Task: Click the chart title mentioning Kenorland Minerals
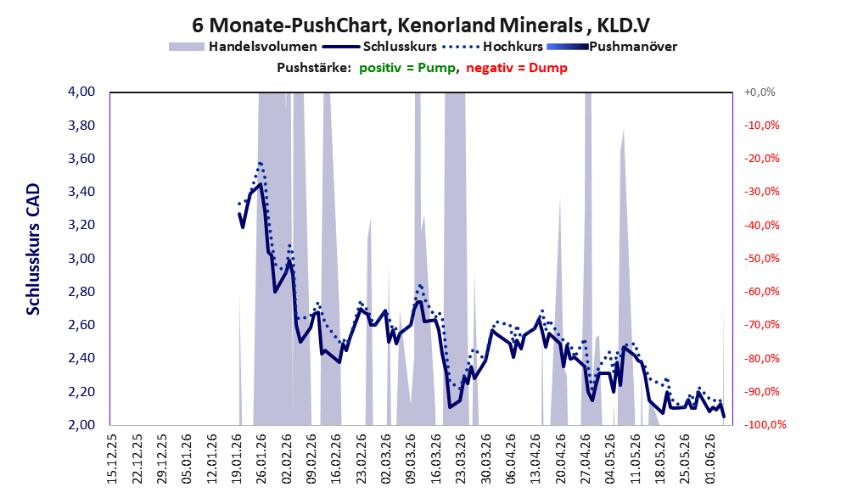421,25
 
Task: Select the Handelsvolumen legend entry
243,47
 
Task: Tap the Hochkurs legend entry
492,47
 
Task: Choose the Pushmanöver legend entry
612,47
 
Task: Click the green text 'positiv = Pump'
407,68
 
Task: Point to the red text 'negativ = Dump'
517,68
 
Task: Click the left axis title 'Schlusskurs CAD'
33,249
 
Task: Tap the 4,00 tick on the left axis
81,92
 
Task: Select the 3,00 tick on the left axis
81,259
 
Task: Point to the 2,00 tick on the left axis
81,425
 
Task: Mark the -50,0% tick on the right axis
761,259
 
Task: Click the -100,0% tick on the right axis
765,425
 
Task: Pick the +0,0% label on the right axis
760,92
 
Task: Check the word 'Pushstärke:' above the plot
314,68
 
